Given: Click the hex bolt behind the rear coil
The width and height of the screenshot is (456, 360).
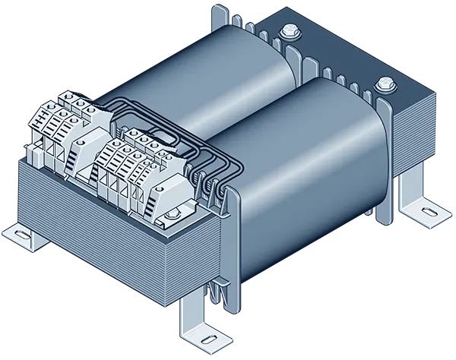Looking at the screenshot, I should coord(289,32).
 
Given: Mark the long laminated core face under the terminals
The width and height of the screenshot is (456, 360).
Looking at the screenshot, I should coord(114,235).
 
